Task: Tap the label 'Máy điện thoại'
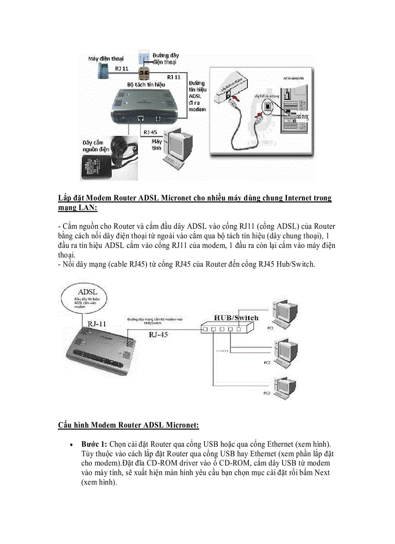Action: [x=105, y=58]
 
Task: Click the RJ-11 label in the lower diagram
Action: [x=97, y=324]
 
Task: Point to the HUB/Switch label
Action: [x=236, y=318]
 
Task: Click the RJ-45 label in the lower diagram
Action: [x=159, y=334]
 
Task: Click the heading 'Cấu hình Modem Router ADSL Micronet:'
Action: [x=128, y=425]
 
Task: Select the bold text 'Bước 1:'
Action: [x=94, y=444]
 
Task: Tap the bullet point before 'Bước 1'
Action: [x=72, y=445]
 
